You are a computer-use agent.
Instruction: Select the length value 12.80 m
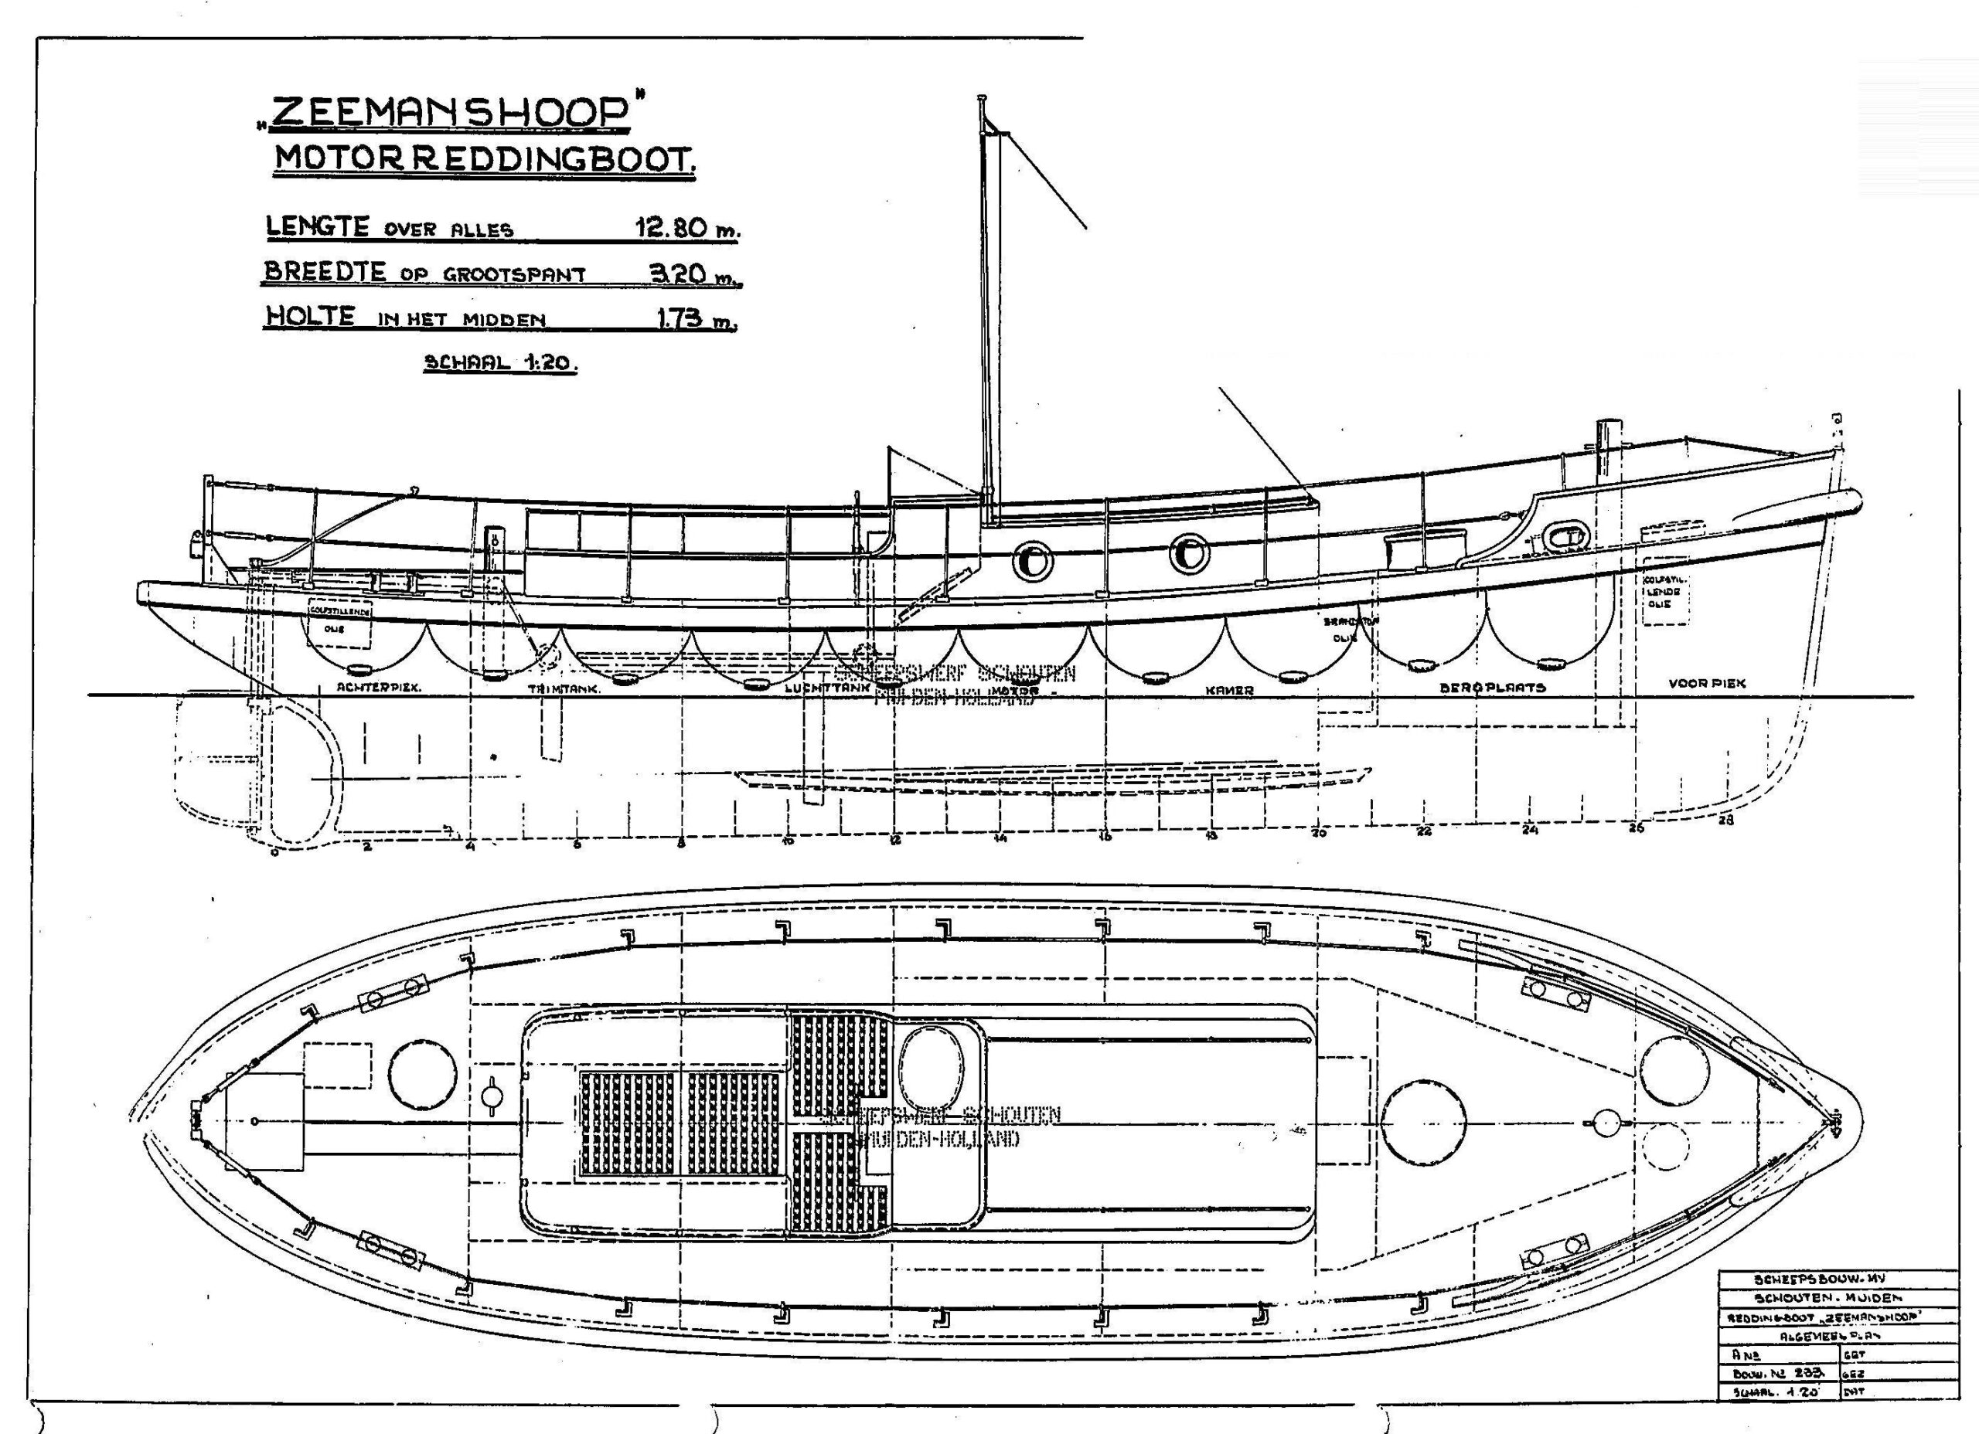pyautogui.click(x=686, y=229)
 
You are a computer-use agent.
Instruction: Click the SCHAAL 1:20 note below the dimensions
pyautogui.click(x=500, y=362)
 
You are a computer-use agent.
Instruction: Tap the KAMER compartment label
pyautogui.click(x=1229, y=690)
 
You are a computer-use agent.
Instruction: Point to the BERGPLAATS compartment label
pyautogui.click(x=1492, y=688)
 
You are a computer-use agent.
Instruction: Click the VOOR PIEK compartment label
pyautogui.click(x=1707, y=684)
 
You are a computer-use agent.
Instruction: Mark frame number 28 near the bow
pyautogui.click(x=1725, y=820)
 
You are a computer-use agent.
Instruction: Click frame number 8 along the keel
pyautogui.click(x=680, y=844)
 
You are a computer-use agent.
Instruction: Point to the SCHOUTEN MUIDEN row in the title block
pyautogui.click(x=1837, y=1299)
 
